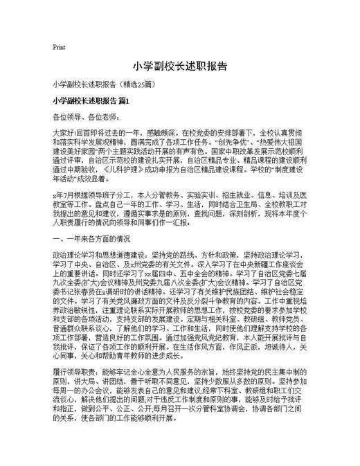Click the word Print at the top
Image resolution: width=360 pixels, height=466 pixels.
point(59,47)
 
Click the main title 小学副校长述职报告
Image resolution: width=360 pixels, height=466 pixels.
point(179,66)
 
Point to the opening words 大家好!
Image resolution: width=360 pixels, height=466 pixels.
point(67,131)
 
